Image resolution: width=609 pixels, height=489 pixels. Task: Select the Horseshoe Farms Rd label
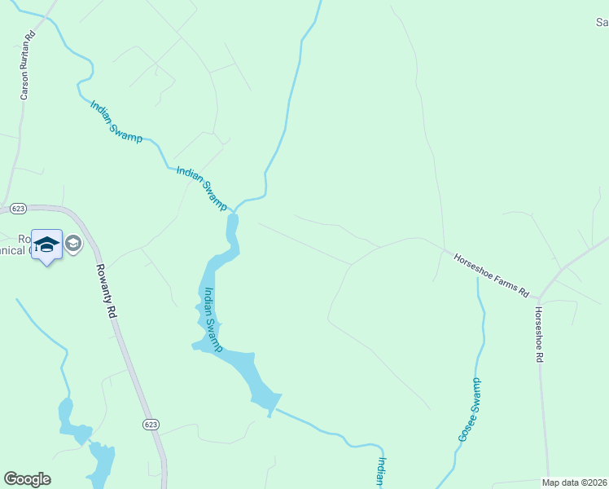coord(491,274)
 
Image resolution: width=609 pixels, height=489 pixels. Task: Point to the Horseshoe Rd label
coord(539,335)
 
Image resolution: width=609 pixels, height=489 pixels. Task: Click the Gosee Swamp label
coord(470,410)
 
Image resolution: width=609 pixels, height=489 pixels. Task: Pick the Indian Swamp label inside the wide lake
coord(212,319)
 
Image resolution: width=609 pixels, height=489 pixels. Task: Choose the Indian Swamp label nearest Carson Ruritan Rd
coord(116,121)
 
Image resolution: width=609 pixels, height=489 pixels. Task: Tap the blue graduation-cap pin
coord(46,245)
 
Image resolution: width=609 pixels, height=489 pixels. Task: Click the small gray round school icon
coord(73,243)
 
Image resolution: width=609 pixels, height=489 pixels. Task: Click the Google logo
coord(27,479)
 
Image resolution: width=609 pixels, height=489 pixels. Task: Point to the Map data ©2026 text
coord(575,482)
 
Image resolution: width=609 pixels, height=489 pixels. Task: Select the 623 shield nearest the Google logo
coord(150,425)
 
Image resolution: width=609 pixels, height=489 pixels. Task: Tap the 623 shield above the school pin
coord(17,209)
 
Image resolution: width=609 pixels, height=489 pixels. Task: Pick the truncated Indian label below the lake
coord(381,472)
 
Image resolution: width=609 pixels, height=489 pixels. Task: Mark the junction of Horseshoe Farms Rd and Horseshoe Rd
coord(539,298)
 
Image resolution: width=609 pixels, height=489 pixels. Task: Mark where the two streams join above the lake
coord(235,208)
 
